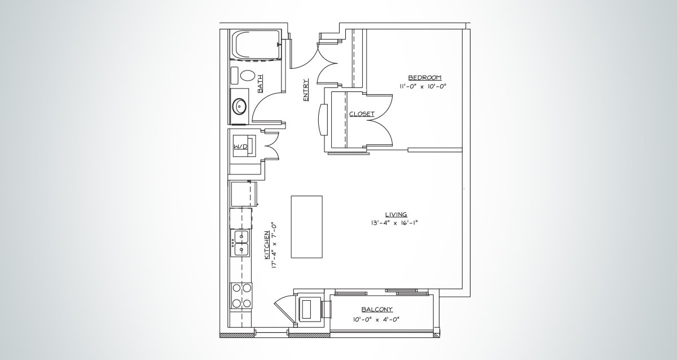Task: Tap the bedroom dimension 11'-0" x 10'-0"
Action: tap(423, 86)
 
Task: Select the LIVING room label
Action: tap(396, 214)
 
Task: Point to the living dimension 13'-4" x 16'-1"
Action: tap(394, 223)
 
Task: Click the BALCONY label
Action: tap(377, 309)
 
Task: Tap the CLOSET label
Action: tap(362, 114)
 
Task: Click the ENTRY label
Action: tap(306, 89)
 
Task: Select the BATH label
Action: tap(260, 84)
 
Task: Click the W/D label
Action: tap(240, 147)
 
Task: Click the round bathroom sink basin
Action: tap(240, 105)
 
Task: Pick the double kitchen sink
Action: tap(241, 243)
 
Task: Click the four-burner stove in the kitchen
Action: tap(241, 295)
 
